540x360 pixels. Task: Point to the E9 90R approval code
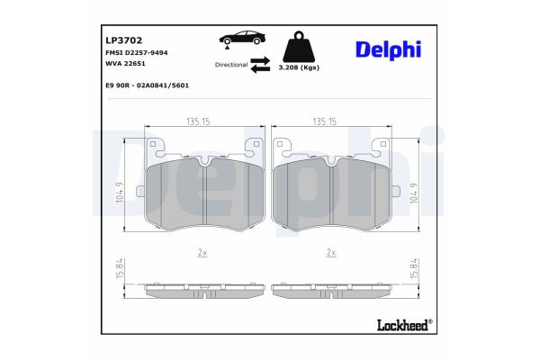(147, 85)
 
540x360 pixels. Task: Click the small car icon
(240, 40)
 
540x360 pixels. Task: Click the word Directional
(230, 65)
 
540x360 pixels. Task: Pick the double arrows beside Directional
(260, 64)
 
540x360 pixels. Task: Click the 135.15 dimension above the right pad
(324, 121)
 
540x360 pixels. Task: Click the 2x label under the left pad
(202, 253)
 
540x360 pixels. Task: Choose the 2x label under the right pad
(330, 253)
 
